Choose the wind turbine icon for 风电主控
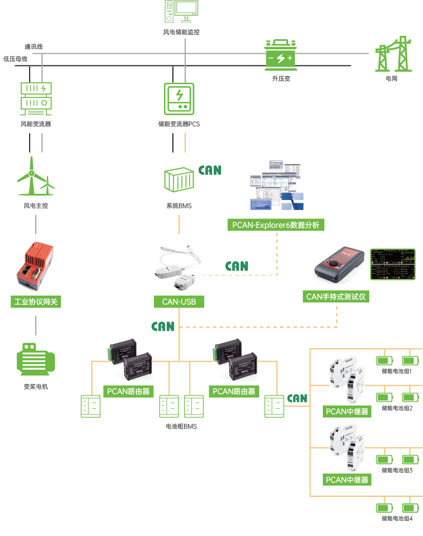(35, 178)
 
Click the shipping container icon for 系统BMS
(178, 180)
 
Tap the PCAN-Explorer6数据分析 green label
(276, 225)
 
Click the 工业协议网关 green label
(36, 302)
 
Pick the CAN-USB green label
(179, 302)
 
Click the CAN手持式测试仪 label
(336, 297)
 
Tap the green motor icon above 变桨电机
(36, 359)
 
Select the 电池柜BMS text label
(181, 426)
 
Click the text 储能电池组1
(397, 371)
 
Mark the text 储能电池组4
(397, 519)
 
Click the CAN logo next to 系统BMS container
(210, 170)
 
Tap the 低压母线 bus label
(15, 58)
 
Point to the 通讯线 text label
(33, 46)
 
